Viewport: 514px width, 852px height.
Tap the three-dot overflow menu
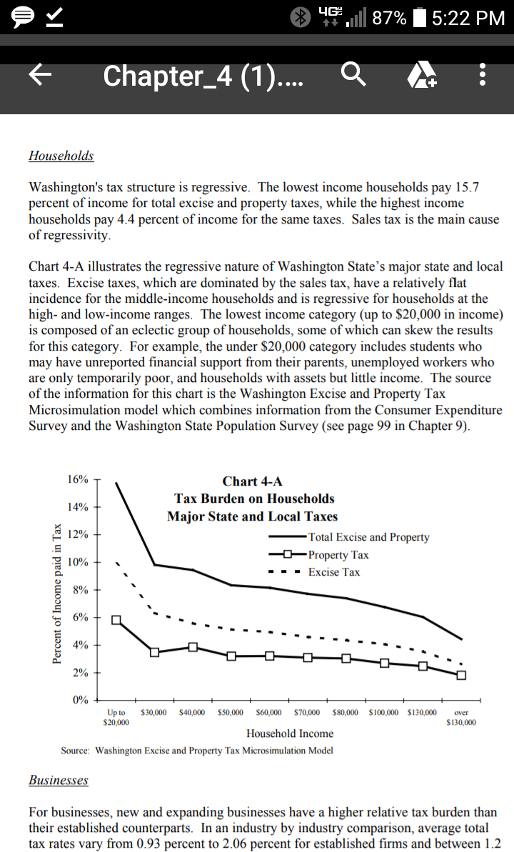point(483,76)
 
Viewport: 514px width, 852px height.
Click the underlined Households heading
point(61,156)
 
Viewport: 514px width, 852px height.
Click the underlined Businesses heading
point(59,780)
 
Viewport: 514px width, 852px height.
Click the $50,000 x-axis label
point(231,713)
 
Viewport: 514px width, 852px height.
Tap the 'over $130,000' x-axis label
point(461,717)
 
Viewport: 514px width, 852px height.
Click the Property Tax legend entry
point(338,555)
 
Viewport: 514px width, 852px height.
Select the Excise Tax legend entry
point(334,572)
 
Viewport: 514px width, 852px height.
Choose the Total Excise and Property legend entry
point(368,537)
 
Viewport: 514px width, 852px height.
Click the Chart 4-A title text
point(252,481)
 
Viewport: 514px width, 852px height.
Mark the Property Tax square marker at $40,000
point(193,647)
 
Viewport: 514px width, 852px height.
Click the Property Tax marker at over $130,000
point(461,675)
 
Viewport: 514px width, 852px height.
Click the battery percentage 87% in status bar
point(389,18)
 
